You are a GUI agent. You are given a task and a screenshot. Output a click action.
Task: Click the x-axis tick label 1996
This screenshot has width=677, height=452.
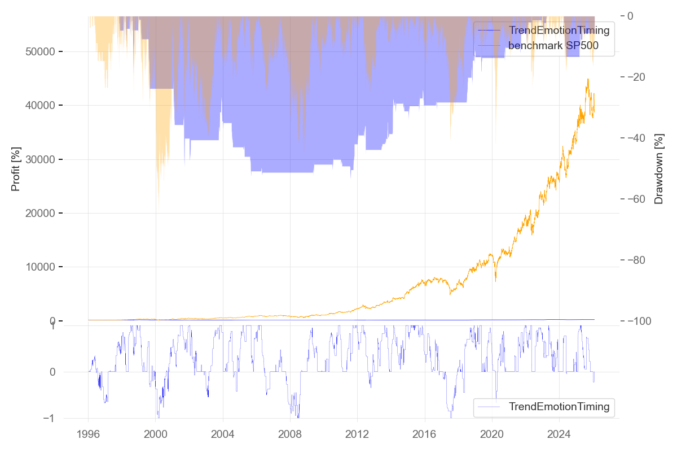88,436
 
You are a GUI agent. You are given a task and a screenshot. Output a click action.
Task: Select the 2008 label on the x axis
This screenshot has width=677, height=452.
290,436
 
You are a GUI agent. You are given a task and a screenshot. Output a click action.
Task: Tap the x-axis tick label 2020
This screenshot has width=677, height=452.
491,436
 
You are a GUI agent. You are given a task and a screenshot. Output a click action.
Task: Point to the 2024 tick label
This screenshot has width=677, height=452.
559,436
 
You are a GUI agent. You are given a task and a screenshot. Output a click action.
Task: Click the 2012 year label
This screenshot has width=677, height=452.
357,436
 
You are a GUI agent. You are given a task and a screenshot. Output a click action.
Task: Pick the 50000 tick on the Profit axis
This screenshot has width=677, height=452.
44,52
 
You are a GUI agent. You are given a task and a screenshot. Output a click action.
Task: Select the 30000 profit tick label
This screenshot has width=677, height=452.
44,160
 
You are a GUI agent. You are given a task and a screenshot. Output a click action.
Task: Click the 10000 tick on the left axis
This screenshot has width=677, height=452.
44,267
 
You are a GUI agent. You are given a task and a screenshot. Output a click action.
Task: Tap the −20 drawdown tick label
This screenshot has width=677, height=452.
644,77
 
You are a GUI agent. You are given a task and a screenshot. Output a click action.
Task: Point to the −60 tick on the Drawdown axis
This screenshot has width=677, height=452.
644,199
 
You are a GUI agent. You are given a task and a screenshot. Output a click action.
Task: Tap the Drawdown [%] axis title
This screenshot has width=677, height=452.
659,168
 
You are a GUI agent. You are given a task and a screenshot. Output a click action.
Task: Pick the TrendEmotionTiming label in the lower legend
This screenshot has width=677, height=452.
559,406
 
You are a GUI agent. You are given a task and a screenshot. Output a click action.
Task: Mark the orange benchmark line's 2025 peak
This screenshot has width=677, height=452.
588,79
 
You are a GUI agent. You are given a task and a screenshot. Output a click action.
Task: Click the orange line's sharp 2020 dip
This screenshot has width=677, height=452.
495,281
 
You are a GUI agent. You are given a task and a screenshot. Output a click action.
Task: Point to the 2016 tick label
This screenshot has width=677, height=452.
424,436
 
